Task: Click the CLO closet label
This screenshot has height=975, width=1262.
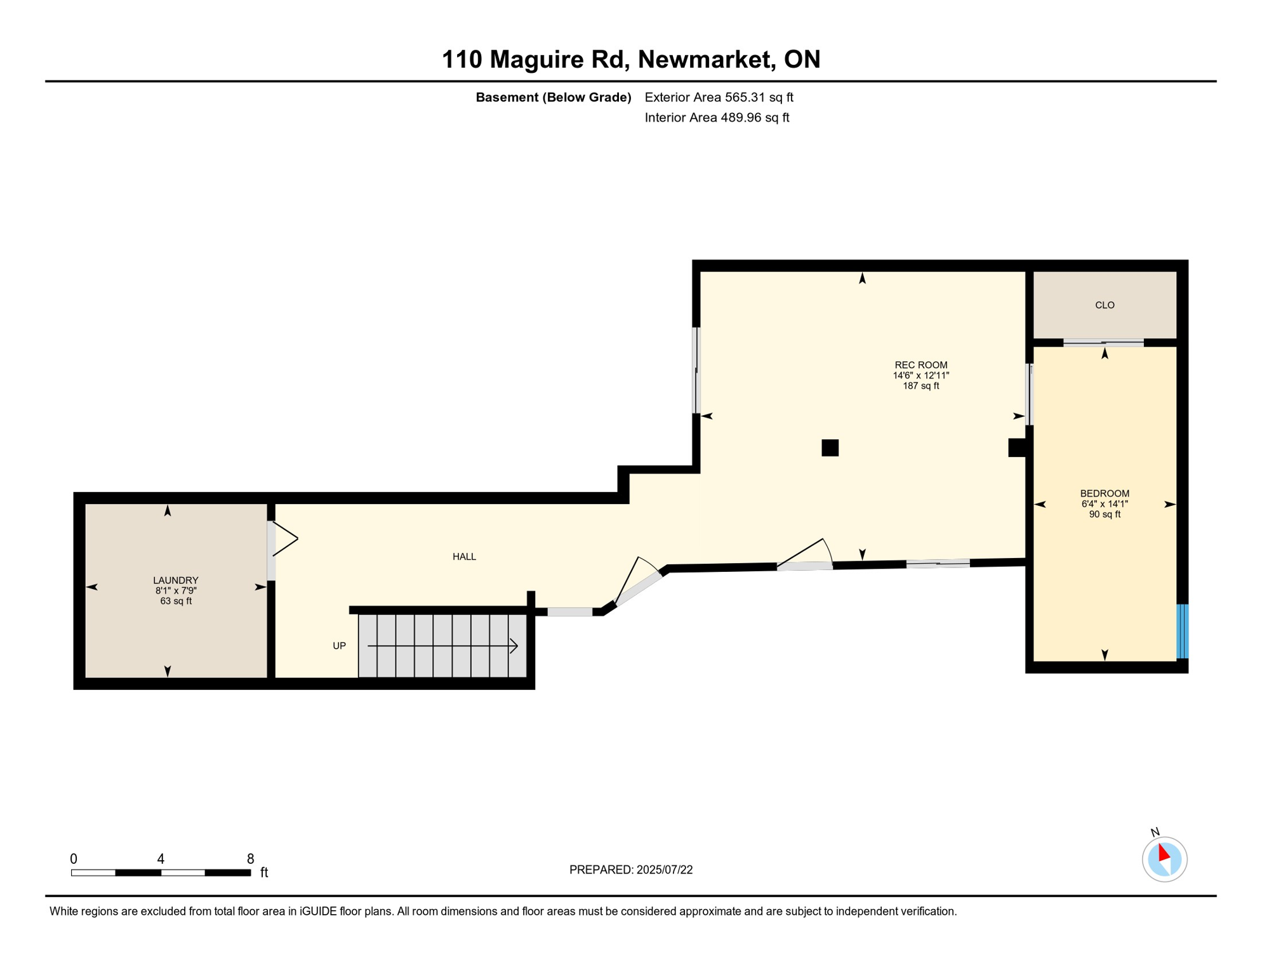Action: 1105,305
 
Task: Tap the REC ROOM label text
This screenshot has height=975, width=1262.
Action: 920,365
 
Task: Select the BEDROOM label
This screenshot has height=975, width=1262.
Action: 1105,494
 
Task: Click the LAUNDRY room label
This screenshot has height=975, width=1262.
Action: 176,580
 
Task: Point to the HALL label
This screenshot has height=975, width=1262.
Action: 464,557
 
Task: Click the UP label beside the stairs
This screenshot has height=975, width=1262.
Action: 340,646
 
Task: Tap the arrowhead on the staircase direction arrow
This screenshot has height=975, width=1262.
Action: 515,646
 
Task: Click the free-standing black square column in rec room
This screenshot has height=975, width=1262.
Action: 830,448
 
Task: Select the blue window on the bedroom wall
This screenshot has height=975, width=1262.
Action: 1183,632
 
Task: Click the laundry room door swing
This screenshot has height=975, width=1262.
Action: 285,540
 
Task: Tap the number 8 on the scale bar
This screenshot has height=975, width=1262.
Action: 251,859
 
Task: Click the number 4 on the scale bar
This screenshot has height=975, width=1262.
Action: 161,859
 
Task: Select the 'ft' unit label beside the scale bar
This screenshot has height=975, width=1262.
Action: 264,873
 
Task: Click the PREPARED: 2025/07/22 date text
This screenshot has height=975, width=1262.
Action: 631,870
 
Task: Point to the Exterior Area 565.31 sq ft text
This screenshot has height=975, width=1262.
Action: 719,97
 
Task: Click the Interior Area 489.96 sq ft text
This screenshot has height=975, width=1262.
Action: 717,117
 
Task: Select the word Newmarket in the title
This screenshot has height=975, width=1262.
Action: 707,59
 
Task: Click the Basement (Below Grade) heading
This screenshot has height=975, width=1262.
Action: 554,97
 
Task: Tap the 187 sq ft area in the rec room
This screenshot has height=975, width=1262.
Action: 920,386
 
